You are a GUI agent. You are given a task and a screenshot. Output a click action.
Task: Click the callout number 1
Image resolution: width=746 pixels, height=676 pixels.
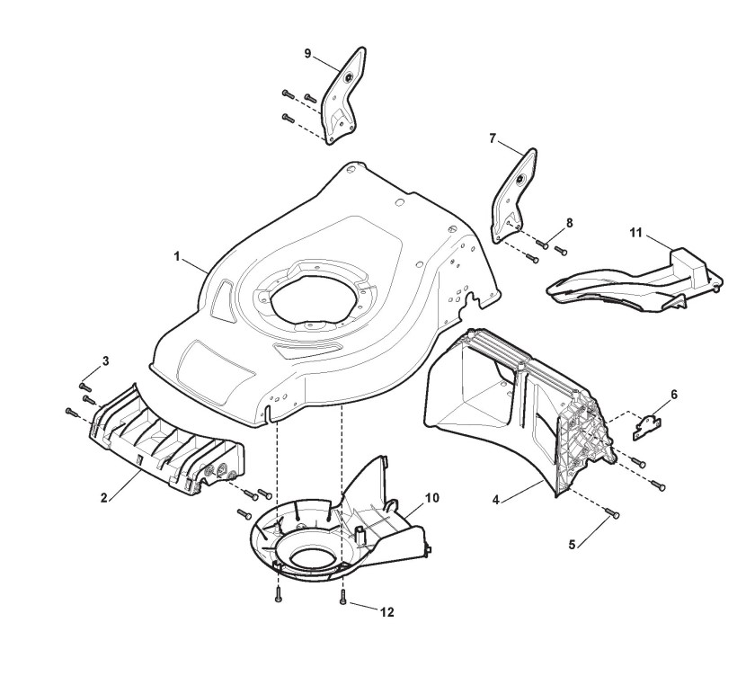(x=177, y=256)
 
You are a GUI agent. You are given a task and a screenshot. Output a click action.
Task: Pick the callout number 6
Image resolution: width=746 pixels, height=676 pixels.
(x=674, y=394)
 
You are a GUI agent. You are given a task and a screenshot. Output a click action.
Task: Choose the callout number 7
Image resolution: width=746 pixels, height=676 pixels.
(x=493, y=138)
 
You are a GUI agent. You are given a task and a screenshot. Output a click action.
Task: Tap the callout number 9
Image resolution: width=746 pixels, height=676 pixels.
(x=307, y=54)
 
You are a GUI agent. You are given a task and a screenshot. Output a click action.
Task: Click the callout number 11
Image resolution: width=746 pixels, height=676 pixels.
(x=635, y=234)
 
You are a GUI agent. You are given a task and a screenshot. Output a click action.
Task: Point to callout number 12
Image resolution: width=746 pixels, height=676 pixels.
(x=386, y=612)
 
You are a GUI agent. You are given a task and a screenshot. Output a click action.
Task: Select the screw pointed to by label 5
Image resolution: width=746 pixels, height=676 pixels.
(x=615, y=513)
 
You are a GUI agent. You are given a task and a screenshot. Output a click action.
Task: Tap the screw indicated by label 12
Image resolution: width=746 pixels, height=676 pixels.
(x=343, y=600)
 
